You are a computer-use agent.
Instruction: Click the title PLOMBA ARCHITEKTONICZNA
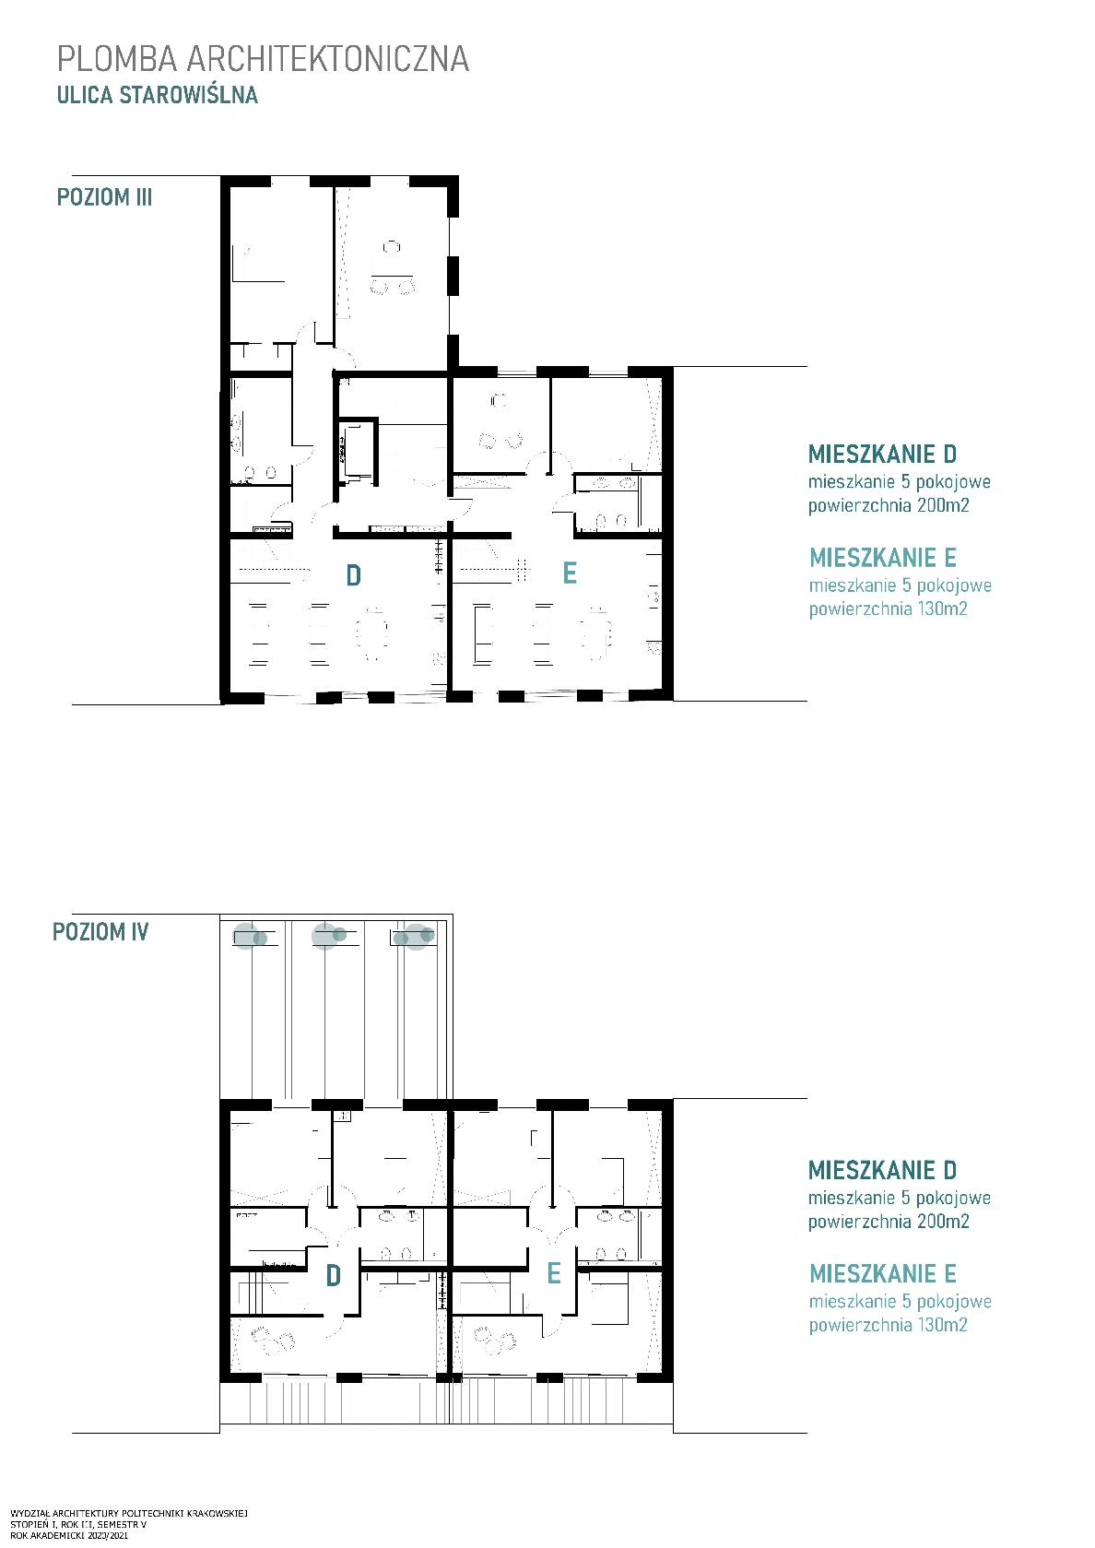[264, 59]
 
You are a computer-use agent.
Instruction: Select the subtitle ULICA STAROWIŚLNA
[158, 95]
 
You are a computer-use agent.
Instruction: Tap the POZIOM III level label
[104, 197]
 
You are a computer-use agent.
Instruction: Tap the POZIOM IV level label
[100, 931]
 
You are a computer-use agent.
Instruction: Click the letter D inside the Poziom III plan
[353, 575]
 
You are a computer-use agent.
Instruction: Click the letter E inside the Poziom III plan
[570, 573]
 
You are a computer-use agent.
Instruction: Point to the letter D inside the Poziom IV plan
[333, 1276]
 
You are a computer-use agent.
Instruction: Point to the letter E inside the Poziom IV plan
[553, 1273]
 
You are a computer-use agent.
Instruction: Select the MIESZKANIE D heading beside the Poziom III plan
[882, 454]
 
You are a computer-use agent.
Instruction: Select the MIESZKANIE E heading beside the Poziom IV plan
[883, 1273]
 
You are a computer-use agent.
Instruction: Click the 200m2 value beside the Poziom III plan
[943, 505]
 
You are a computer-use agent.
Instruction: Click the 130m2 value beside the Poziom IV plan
[942, 1325]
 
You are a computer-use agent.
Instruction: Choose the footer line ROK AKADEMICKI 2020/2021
[69, 1536]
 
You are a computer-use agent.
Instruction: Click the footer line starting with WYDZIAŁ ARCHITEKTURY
[128, 1514]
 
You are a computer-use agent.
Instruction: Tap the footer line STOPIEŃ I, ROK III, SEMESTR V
[78, 1525]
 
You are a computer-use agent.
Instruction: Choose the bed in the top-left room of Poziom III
[258, 264]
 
